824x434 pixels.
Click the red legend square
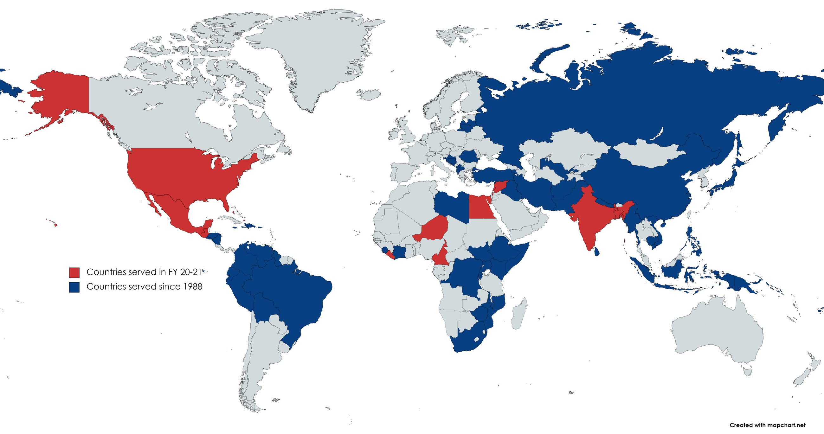[x=74, y=272]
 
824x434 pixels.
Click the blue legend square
[x=74, y=287]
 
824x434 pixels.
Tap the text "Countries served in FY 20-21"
[x=144, y=272]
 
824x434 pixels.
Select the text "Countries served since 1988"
[x=144, y=286]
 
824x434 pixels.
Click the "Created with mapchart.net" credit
[x=767, y=425]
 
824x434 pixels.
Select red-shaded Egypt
[x=481, y=208]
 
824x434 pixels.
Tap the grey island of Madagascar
[x=519, y=313]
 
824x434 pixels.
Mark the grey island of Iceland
[x=369, y=94]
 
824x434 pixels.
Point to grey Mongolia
[x=649, y=154]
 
